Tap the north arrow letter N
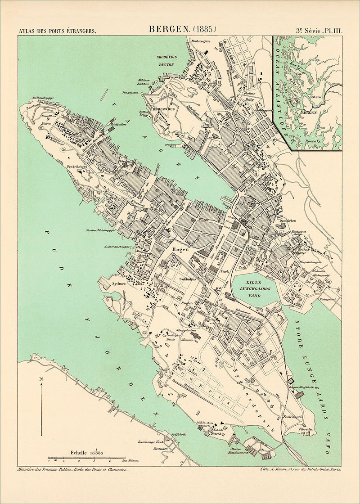pos(41,379)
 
